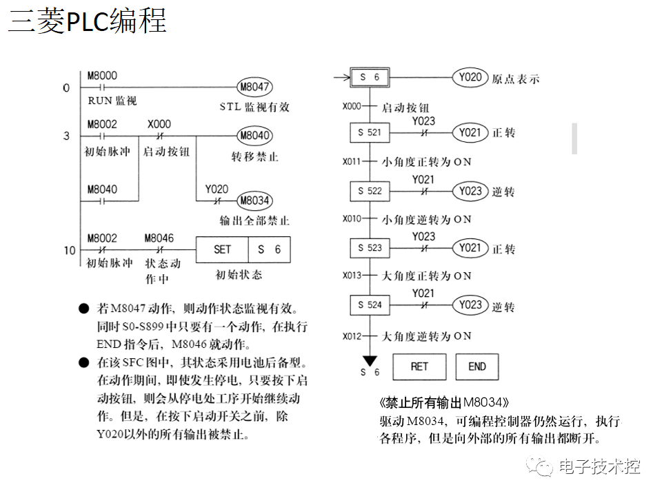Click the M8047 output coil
click(254, 87)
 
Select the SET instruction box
click(222, 249)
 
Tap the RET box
click(419, 366)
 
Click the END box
click(477, 366)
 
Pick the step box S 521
click(370, 132)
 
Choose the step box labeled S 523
click(370, 247)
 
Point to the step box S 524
click(370, 304)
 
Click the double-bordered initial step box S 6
click(370, 77)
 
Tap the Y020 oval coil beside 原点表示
click(470, 77)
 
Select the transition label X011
click(352, 162)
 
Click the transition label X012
click(352, 336)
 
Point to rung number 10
click(70, 250)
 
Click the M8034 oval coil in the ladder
click(254, 200)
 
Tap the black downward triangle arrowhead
click(370, 360)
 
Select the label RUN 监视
click(112, 101)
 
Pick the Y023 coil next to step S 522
click(470, 191)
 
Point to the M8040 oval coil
click(254, 136)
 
